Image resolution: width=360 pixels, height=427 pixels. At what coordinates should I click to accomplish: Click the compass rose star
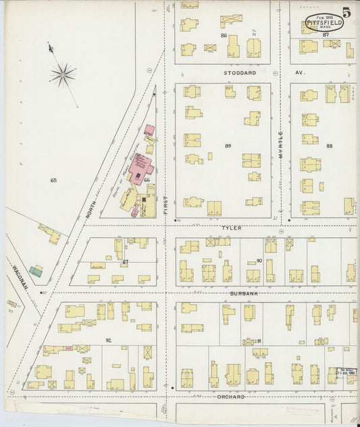point(62,74)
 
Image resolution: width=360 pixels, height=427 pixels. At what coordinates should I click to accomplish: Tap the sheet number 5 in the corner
point(346,12)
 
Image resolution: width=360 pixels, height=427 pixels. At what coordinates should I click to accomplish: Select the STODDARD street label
point(240,72)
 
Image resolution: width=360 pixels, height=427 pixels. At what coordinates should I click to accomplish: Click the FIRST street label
point(165,205)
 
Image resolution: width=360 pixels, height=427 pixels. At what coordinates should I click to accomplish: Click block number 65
point(53,180)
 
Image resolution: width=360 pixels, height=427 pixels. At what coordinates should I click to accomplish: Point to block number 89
point(228,146)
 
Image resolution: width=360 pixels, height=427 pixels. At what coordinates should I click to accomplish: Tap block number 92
point(107,340)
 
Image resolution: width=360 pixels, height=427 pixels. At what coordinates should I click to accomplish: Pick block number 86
point(224,34)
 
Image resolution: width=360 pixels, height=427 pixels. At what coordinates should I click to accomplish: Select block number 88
point(329,146)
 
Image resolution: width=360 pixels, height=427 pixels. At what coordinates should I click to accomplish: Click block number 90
point(259,261)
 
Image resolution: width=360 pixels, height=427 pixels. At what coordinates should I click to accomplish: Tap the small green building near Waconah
point(36,271)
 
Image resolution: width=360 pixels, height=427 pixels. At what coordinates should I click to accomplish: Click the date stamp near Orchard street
point(346,372)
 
